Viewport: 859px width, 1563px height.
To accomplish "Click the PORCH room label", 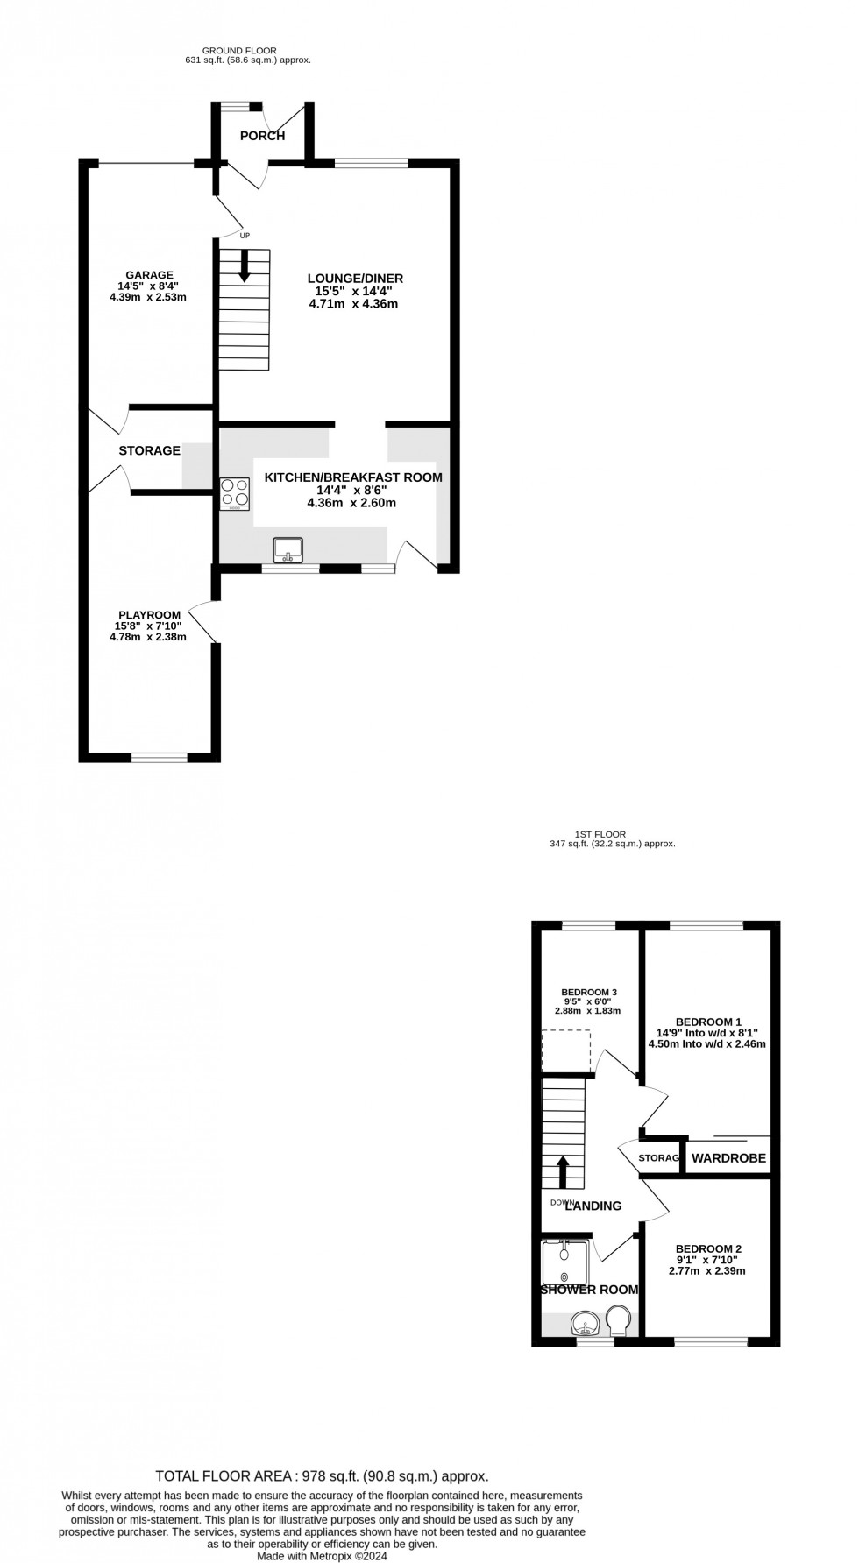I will tap(262, 136).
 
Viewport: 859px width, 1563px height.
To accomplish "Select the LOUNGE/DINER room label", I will tap(359, 279).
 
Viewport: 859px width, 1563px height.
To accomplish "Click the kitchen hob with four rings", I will tap(234, 493).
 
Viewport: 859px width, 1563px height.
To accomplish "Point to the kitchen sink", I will tap(288, 550).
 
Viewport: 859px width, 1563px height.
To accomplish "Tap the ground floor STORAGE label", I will tap(150, 450).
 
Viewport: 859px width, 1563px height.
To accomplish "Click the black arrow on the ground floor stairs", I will tap(245, 265).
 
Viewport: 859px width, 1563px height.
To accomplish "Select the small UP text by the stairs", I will tap(245, 236).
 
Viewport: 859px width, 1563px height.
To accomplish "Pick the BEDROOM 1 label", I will tap(708, 1022).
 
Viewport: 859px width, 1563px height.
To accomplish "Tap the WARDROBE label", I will tap(728, 1158).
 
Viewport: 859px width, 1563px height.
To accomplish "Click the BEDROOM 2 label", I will tap(708, 1248).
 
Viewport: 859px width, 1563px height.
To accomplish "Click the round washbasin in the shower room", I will tap(582, 1320).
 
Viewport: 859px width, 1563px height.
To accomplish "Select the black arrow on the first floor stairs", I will tap(564, 1170).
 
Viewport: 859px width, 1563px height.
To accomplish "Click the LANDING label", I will tap(593, 1206).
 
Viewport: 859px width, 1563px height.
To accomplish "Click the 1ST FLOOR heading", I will tap(600, 835).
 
